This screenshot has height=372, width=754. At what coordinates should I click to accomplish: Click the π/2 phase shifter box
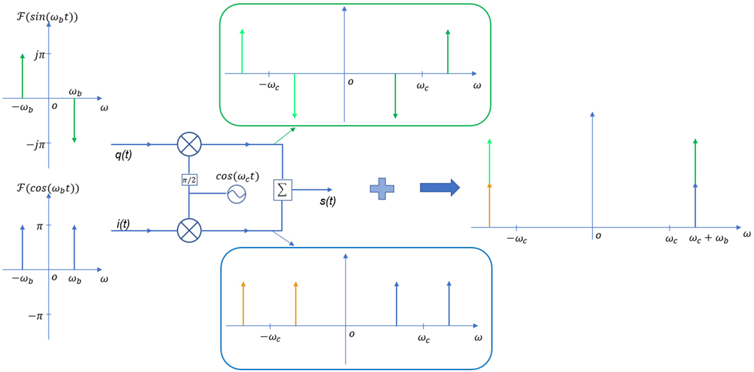189,180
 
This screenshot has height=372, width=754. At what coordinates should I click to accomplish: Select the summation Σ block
282,190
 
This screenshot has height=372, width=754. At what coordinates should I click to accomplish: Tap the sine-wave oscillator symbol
237,194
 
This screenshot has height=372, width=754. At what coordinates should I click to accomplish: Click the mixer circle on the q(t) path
189,144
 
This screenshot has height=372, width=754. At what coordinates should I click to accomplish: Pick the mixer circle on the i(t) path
189,231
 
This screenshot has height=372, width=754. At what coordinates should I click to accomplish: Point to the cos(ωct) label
238,177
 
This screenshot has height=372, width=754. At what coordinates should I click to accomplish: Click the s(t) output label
328,201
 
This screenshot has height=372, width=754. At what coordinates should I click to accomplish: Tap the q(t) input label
123,155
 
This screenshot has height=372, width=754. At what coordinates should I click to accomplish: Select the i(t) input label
123,224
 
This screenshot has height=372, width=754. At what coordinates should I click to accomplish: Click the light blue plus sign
382,189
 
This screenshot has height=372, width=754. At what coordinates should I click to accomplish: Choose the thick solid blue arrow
440,187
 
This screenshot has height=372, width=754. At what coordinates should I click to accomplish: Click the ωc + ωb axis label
709,239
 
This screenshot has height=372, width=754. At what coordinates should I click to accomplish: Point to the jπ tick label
40,55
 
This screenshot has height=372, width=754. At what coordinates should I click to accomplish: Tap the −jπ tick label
36,145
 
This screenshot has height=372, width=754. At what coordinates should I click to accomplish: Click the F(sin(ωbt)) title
47,17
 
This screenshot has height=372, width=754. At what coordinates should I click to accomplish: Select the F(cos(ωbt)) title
48,188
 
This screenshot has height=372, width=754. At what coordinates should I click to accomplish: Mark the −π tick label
35,316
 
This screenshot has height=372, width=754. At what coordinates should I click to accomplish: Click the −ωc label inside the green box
270,85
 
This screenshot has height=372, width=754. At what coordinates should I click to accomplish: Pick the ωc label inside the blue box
423,338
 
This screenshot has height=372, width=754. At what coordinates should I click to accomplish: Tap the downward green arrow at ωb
74,120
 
